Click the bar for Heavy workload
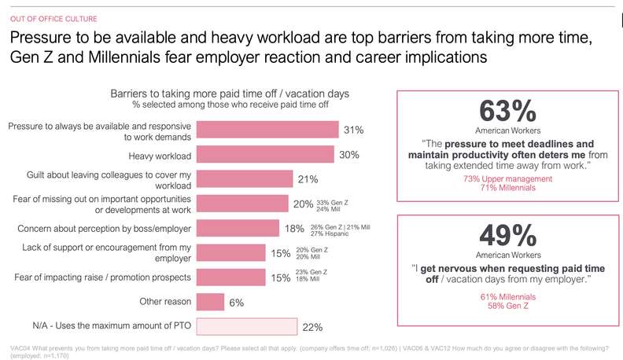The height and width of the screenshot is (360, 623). coord(264,155)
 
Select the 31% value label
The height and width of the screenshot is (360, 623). coord(353,130)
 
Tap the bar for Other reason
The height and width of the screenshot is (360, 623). coord(208,302)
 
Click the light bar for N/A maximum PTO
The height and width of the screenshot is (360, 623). coord(245,326)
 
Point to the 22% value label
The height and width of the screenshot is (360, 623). coord(312,327)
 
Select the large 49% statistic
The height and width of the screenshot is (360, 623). coord(509,236)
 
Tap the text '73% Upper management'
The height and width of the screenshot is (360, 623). coord(509,179)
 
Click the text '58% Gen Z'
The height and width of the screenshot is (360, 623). coord(509,307)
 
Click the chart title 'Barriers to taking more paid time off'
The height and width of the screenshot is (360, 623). coord(229,93)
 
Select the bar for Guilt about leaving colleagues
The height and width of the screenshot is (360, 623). coord(244,179)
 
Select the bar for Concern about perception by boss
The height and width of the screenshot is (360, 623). coord(237,228)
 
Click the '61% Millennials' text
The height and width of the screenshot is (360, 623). coord(509,297)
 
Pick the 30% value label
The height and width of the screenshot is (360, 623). coord(349,155)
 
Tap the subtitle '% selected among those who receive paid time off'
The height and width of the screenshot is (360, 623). coord(230,105)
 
